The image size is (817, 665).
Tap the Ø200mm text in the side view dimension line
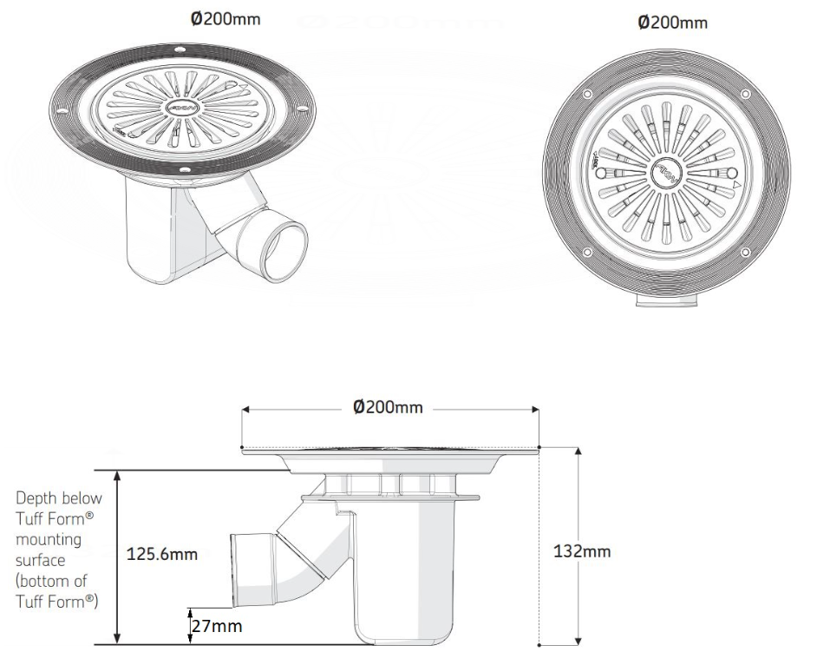point(389,408)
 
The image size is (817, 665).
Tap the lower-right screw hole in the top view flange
point(742,252)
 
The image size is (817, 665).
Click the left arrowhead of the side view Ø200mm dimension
point(245,408)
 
